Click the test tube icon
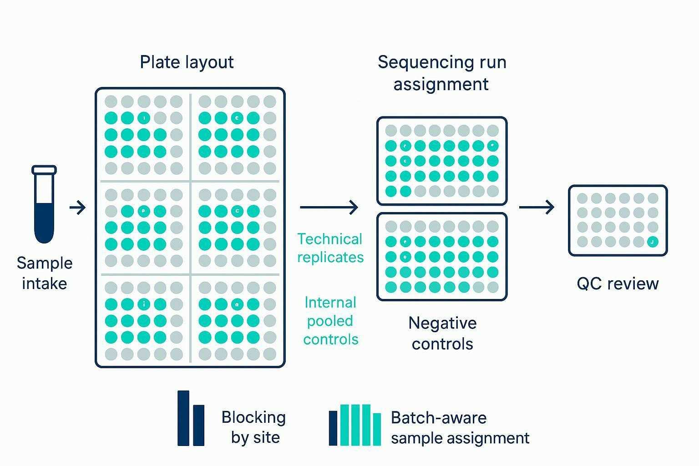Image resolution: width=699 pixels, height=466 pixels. coord(44,205)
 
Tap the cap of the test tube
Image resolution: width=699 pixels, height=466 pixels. coord(44,170)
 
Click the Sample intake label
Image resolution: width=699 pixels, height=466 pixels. coord(45,273)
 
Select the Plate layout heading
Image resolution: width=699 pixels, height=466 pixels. coord(187,62)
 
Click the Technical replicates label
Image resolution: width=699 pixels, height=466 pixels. coord(330,248)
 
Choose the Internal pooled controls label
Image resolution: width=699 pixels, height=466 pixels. coord(331,321)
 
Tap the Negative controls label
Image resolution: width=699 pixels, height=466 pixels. coord(442,333)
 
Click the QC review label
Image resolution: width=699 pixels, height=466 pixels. coord(618,284)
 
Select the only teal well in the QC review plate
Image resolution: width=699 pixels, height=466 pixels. coord(652,242)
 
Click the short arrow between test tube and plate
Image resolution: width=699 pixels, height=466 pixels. coord(78,208)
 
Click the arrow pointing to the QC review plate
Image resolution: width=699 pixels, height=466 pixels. coord(537,208)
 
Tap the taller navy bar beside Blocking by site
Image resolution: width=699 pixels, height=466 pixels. coord(183,418)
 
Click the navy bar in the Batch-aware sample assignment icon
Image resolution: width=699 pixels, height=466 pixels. coord(333,428)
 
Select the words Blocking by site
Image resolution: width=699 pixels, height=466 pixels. coord(254,427)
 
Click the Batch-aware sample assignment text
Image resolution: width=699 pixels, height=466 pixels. coord(460,428)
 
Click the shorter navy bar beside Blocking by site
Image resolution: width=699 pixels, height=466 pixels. coord(199,425)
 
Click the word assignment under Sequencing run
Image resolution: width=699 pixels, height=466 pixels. coord(441,84)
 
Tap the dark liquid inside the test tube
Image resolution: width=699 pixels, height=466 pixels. coord(44,221)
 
